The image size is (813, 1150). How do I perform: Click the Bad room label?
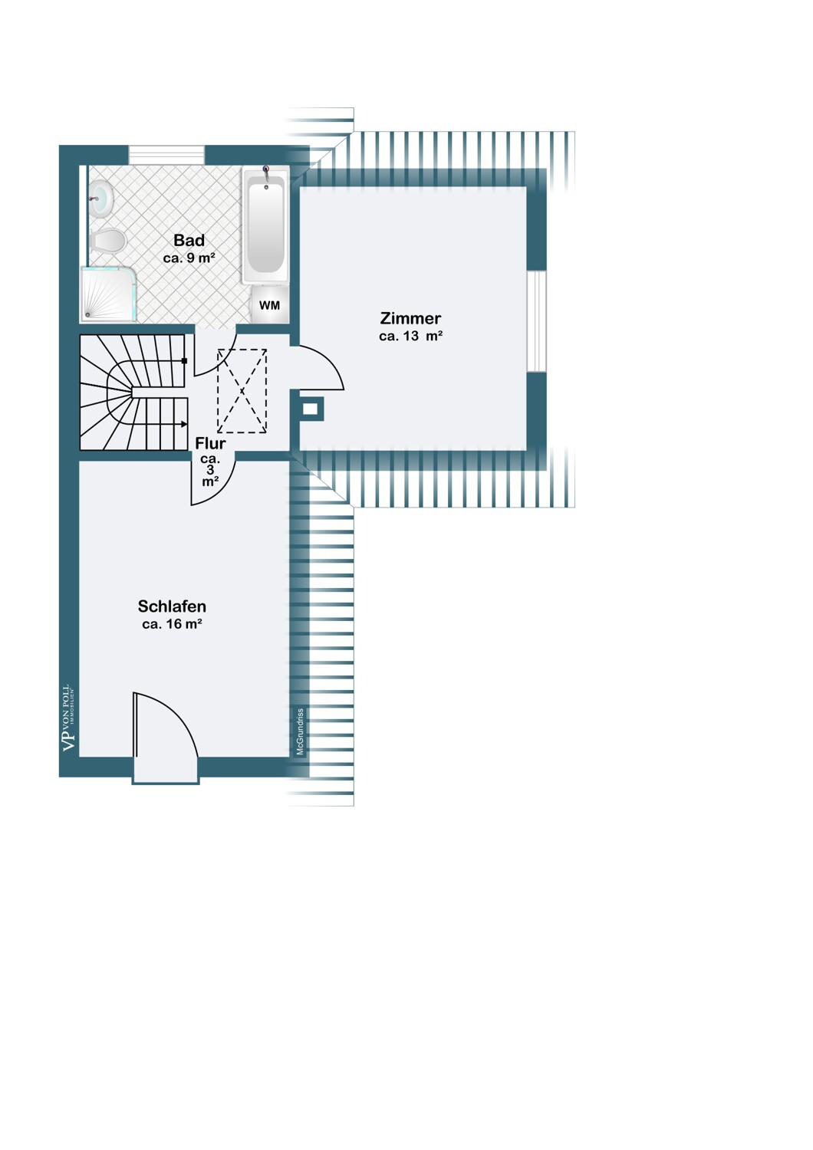[189, 240]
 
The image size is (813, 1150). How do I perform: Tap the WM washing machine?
[269, 305]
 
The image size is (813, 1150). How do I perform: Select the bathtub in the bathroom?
[265, 225]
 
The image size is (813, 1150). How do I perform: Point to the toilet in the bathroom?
[107, 240]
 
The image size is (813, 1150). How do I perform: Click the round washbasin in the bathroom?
[102, 197]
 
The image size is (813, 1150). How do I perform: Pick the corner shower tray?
[109, 294]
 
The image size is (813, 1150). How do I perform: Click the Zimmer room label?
[410, 318]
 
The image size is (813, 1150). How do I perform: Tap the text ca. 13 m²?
[411, 337]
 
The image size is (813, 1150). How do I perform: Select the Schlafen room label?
[172, 606]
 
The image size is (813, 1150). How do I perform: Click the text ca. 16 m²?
[172, 624]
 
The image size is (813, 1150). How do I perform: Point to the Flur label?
[210, 443]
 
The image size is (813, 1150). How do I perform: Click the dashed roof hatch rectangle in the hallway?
[242, 391]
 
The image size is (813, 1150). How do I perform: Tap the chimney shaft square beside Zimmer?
[311, 409]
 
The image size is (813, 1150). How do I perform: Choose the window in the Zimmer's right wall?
[537, 321]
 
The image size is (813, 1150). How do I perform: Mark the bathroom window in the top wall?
[166, 155]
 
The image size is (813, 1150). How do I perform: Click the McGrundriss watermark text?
[301, 731]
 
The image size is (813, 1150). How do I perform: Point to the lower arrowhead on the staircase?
[184, 424]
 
